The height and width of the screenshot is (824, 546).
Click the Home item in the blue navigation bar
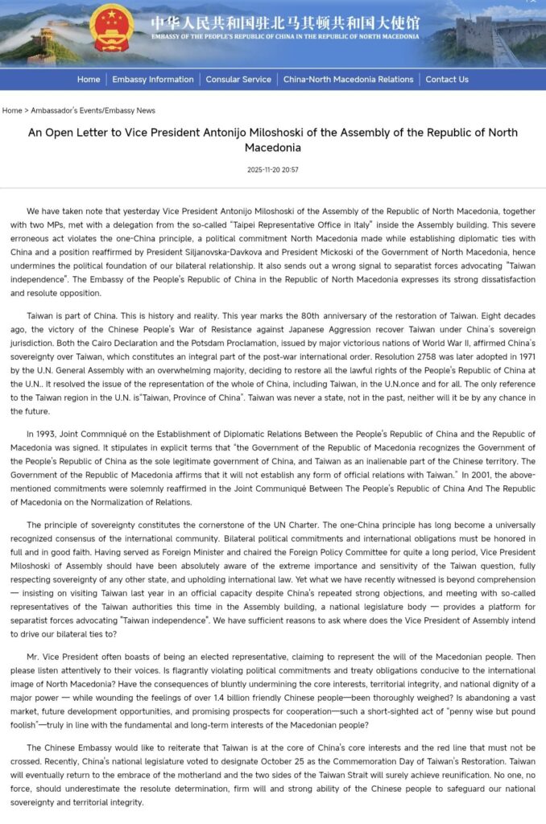pos(89,80)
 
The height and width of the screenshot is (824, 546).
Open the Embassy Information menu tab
pos(153,80)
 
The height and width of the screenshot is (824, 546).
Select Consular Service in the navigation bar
pos(238,80)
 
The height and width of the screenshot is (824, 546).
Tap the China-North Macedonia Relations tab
pos(348,80)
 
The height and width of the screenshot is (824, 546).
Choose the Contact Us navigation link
pos(447,80)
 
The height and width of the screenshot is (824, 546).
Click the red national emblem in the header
pos(112,29)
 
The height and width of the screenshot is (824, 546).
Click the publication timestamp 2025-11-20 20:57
pos(273,170)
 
